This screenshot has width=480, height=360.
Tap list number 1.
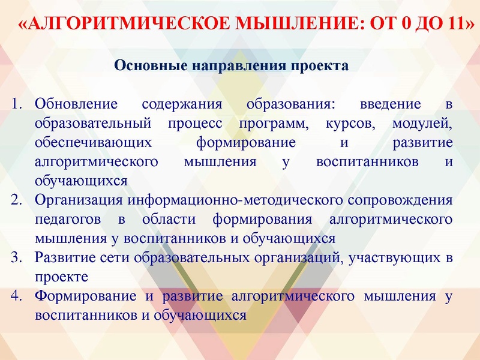point(16,104)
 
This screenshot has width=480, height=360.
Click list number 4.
point(16,296)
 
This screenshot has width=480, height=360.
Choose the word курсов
point(351,123)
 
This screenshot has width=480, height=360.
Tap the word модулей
point(422,123)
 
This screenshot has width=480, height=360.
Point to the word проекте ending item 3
point(61,277)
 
